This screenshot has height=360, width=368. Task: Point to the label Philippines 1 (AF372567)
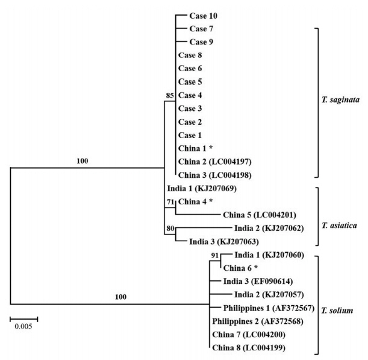coord(257,308)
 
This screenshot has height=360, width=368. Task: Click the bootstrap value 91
coord(215,256)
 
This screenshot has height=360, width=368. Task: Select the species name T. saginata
coord(342,101)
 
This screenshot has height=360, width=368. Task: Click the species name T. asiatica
coord(340,225)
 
